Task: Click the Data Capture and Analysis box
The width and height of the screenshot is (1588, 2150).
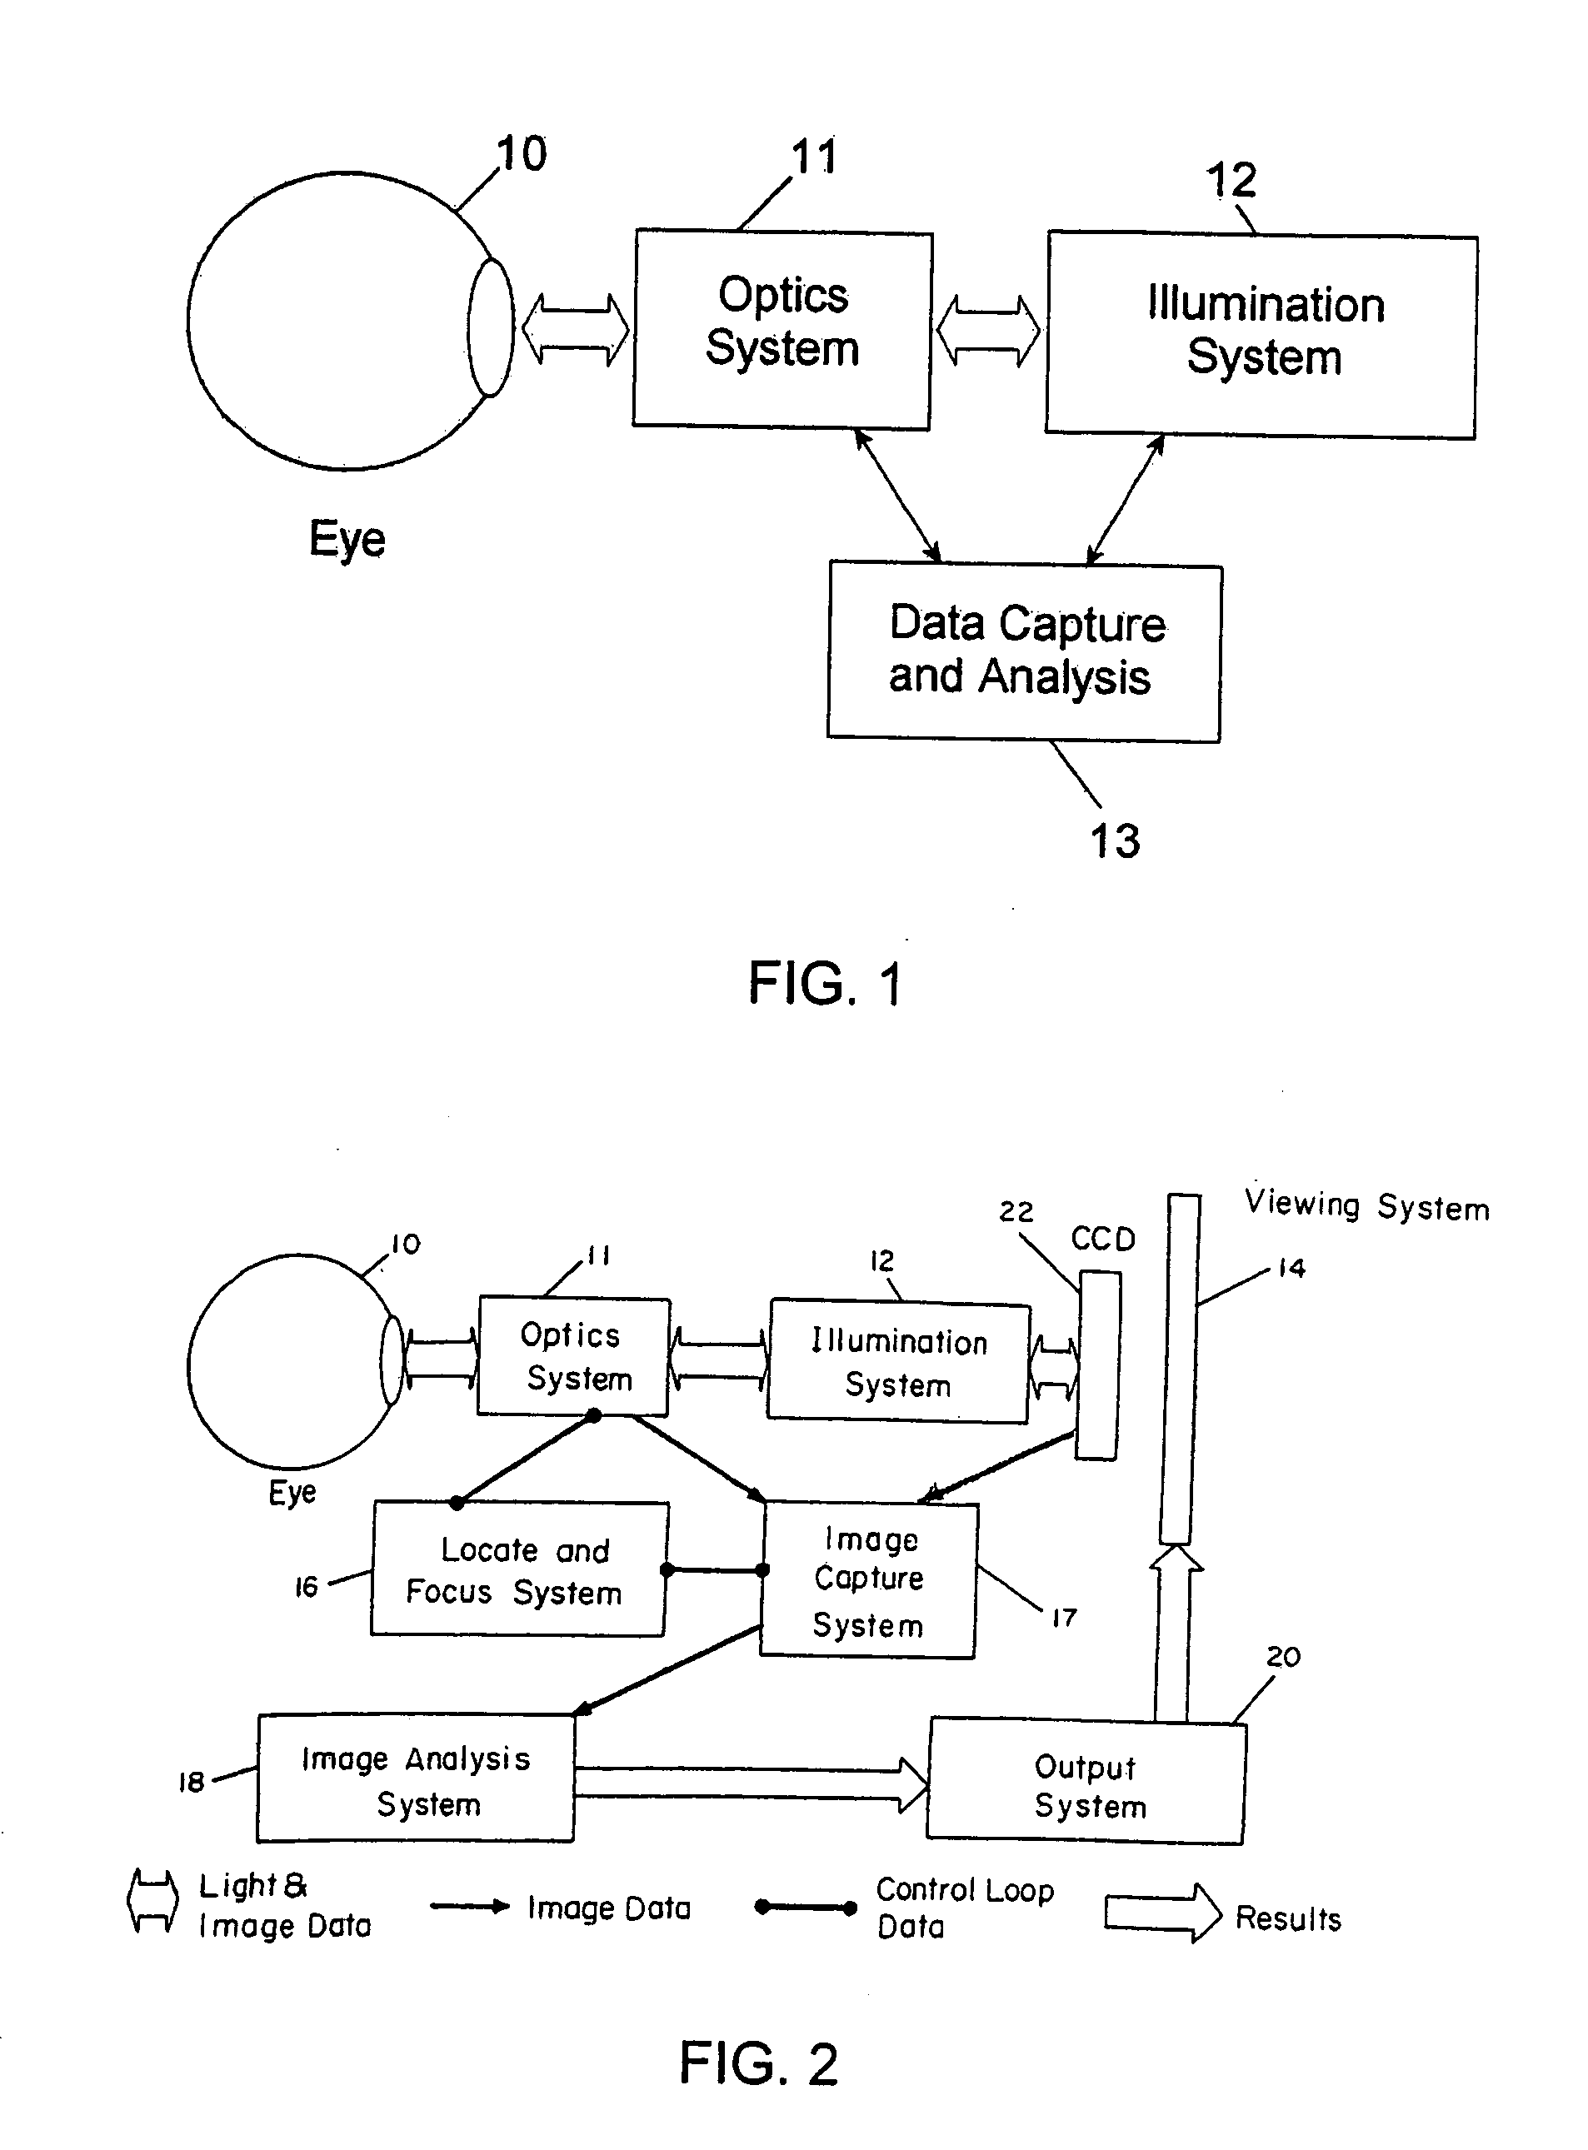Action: (x=1024, y=651)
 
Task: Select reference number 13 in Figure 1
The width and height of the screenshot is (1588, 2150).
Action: (x=1115, y=841)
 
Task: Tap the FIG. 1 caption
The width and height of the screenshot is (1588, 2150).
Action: (x=825, y=984)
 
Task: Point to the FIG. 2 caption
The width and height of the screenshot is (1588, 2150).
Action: (x=758, y=2063)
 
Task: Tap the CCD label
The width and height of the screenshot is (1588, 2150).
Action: (x=1102, y=1239)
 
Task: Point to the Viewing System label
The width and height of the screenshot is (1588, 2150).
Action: (x=1366, y=1205)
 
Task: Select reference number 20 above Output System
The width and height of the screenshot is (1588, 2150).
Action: (x=1282, y=1657)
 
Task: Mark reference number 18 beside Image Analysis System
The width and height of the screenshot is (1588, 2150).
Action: (x=192, y=1783)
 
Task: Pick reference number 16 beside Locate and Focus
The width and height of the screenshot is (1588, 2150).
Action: (x=306, y=1587)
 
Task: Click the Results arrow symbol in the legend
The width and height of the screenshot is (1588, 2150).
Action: (x=1162, y=1913)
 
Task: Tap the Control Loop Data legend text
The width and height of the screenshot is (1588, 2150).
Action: (x=964, y=1908)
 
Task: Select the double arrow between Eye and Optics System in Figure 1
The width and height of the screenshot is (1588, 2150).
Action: (x=575, y=330)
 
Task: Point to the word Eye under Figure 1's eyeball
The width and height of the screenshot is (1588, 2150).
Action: (x=347, y=538)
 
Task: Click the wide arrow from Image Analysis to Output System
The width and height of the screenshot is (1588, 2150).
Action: (x=751, y=1783)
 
